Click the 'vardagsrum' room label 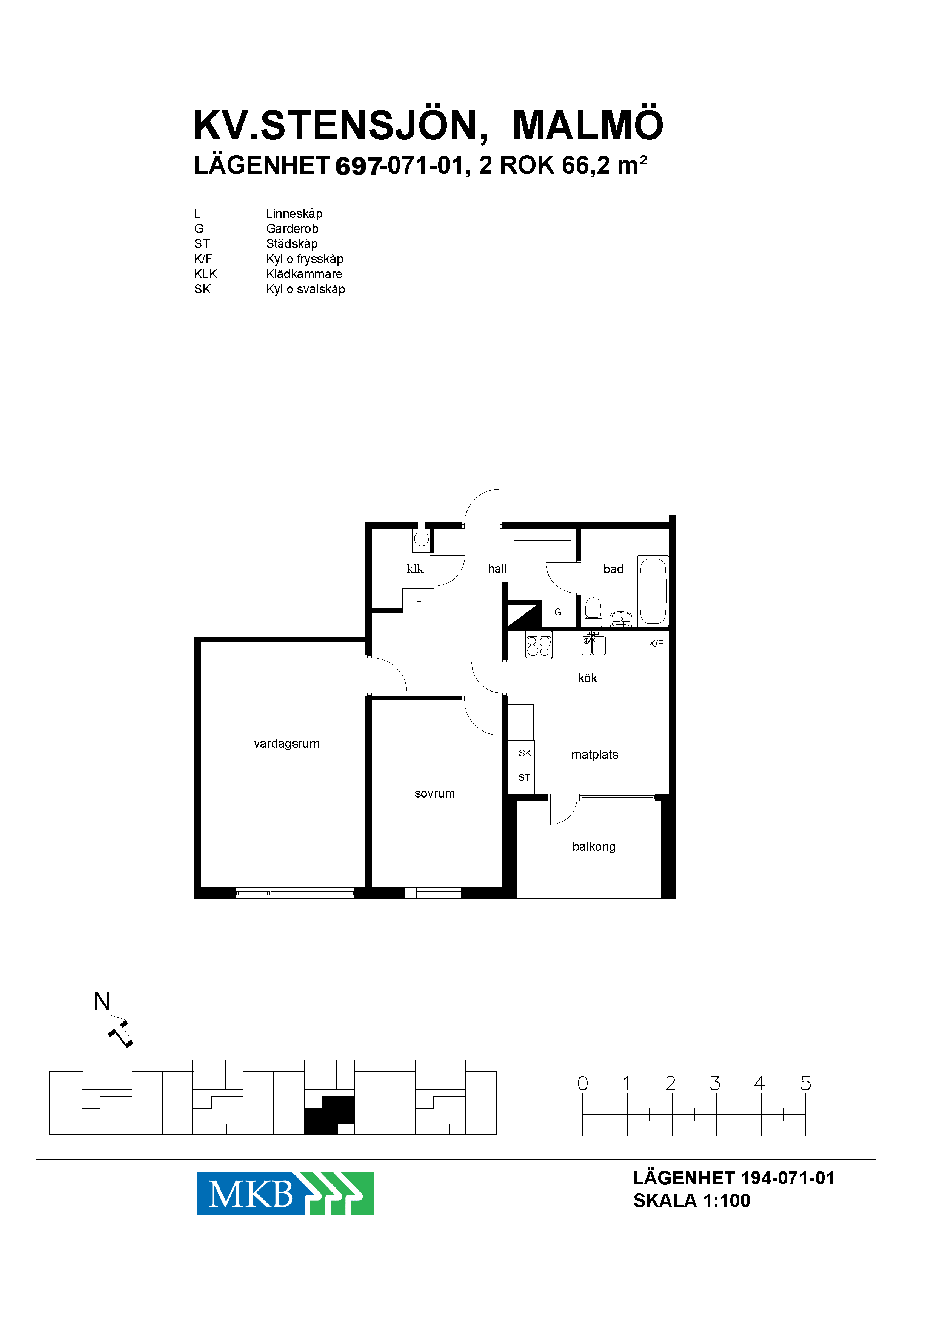286,744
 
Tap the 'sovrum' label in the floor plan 434,793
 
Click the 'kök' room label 587,678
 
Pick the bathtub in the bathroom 653,590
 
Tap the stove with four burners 539,644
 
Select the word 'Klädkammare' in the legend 304,274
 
